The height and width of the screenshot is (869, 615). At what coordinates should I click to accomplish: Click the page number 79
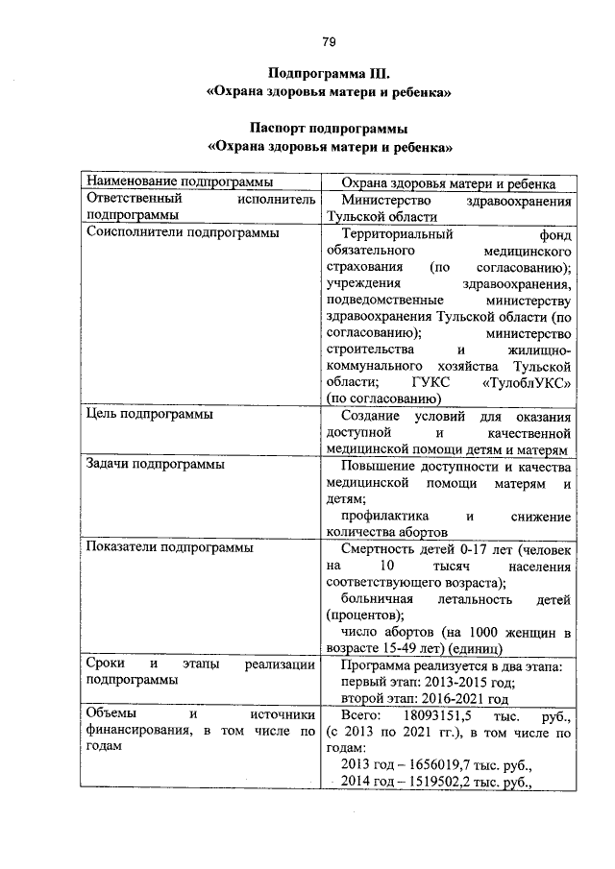point(329,41)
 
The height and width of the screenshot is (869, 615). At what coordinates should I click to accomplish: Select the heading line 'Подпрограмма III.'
point(330,74)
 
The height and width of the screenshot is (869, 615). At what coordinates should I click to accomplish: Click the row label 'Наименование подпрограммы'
point(178,181)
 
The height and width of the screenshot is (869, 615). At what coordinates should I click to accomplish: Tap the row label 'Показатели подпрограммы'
point(169,548)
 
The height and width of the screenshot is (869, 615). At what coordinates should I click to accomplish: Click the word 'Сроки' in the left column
point(105,664)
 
